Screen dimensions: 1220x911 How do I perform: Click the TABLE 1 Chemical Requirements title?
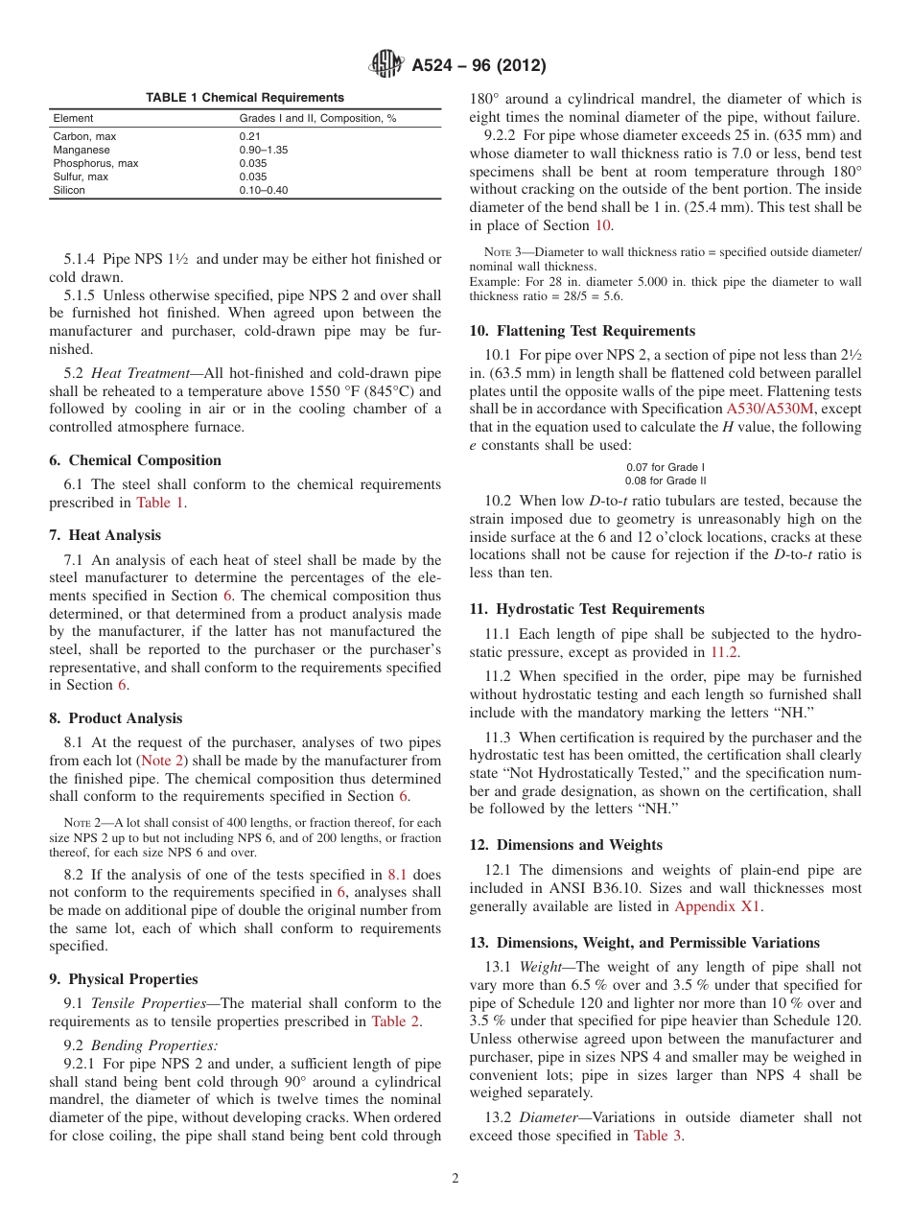click(245, 98)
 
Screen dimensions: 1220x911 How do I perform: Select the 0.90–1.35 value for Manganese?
click(264, 151)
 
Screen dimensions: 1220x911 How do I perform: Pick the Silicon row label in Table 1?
click(69, 191)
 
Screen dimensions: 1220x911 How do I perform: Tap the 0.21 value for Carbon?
click(249, 137)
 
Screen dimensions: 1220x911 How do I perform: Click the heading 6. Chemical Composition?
click(135, 460)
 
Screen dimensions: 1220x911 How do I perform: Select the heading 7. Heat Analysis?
click(105, 535)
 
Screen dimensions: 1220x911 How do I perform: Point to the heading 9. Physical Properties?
click(124, 979)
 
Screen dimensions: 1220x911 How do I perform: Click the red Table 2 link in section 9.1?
click(394, 1021)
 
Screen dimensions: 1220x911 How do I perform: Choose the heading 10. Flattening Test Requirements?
click(582, 331)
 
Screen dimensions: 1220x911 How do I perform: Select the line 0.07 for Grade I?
click(665, 468)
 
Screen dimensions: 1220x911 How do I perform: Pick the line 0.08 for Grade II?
click(665, 481)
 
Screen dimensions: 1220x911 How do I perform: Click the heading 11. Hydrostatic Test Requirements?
click(587, 609)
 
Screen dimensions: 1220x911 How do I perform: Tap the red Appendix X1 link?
click(718, 906)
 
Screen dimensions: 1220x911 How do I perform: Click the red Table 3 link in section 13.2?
click(658, 1136)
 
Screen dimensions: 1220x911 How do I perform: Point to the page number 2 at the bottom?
click(455, 1179)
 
